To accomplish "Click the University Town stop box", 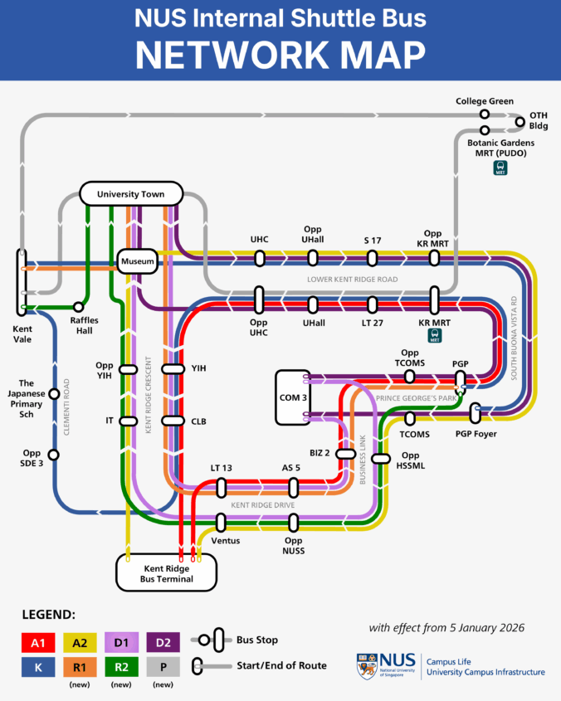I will [129, 194].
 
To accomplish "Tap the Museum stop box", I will [137, 262].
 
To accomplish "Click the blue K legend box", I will [37, 665].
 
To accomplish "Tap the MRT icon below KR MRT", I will [434, 335].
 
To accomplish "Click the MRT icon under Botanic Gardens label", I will [500, 167].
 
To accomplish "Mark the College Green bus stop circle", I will [484, 114].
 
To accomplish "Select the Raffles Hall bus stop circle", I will [79, 307].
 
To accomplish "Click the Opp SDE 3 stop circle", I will [54, 455].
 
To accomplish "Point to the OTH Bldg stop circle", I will [520, 122].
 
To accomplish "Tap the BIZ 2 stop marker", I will [344, 453].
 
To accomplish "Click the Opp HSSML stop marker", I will [380, 459].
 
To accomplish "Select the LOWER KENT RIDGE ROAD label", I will [353, 280].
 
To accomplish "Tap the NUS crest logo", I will [368, 665].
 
